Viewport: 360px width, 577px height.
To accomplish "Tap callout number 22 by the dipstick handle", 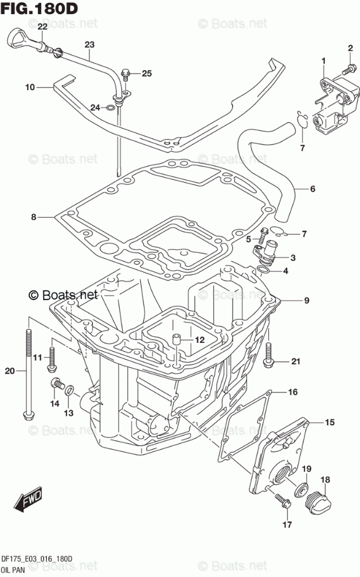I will (43, 27).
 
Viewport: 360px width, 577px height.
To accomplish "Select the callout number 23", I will (89, 45).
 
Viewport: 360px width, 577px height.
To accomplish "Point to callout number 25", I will (146, 73).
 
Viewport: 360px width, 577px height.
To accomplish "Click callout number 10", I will (30, 88).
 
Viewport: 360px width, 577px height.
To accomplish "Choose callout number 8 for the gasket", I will (34, 217).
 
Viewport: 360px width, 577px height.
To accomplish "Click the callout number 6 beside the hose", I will (313, 189).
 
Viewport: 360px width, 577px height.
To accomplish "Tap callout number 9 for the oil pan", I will (306, 301).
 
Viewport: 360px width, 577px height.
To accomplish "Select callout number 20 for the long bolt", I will (9, 371).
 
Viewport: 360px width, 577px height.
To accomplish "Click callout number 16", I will (293, 391).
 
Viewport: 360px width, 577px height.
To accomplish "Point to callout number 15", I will (330, 422).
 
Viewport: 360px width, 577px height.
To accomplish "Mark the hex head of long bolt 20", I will (27, 416).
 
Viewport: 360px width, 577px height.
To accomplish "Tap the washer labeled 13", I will (69, 390).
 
